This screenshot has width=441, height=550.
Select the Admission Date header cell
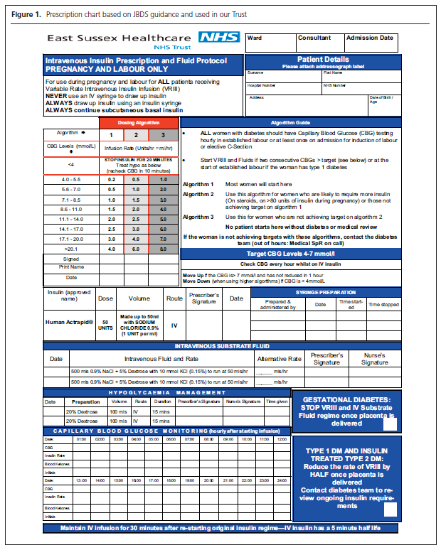[370, 38]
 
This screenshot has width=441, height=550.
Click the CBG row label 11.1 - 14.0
[72, 220]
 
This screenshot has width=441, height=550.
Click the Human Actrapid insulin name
[68, 323]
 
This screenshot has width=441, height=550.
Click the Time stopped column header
[383, 304]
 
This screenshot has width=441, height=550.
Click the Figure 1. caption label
[25, 14]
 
